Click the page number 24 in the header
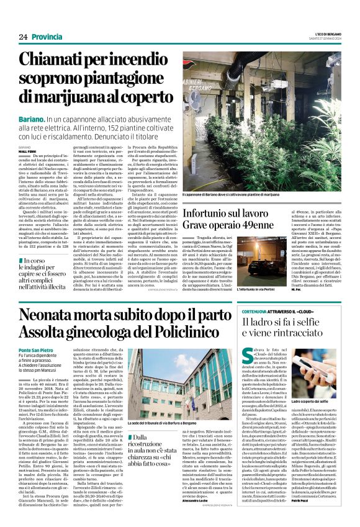(23, 37)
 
